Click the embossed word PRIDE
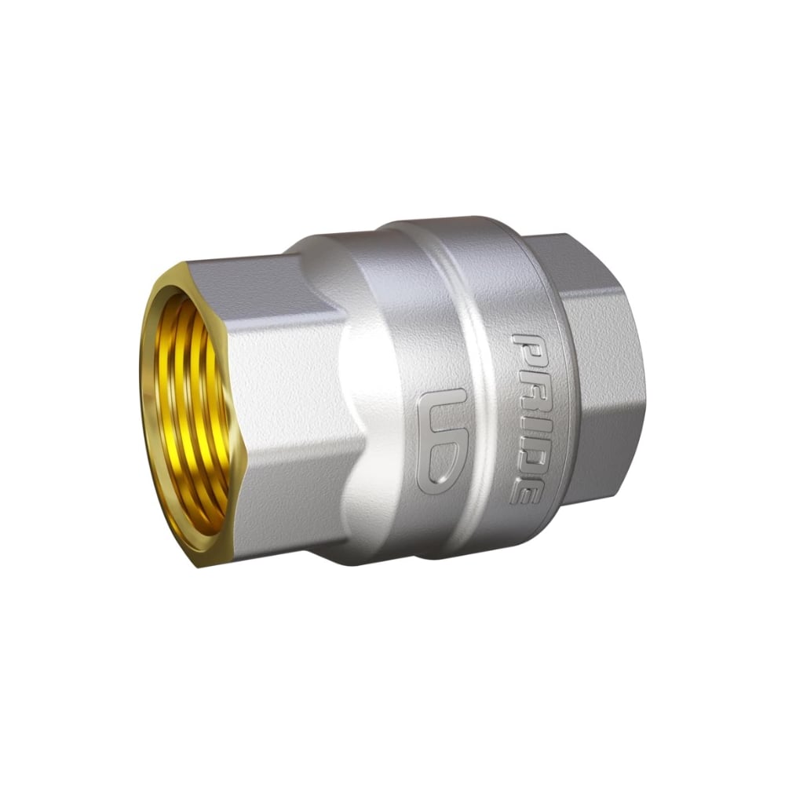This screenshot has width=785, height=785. (527, 418)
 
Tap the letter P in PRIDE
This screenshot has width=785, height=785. (526, 348)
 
